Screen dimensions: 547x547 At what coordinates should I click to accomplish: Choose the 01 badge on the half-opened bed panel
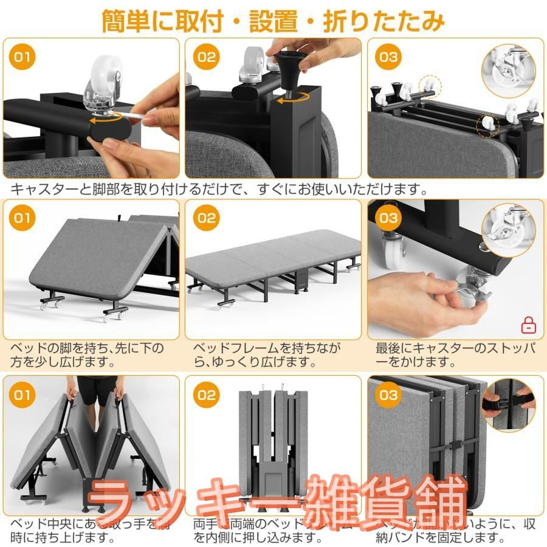tap(22, 218)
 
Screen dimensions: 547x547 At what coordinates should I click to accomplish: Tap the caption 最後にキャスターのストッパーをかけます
tap(456, 355)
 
